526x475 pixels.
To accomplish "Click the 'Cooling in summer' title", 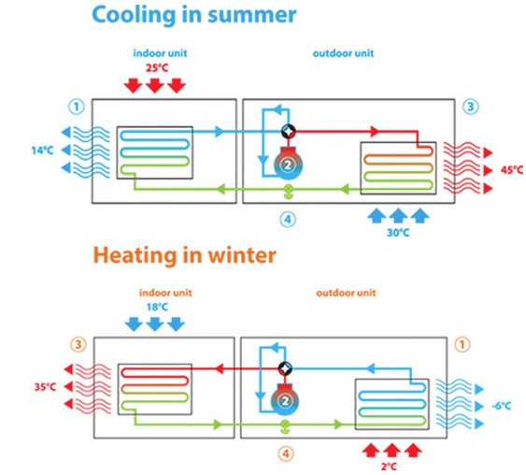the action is point(194,16).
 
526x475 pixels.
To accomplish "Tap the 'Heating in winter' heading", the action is point(184,255).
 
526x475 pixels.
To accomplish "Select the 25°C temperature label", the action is point(157,68).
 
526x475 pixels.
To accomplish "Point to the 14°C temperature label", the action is point(43,151).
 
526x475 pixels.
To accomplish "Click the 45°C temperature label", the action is point(512,170).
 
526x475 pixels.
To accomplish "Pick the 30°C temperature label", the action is point(398,233).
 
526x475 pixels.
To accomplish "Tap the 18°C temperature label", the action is point(157,307).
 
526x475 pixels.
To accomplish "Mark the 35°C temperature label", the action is point(45,387).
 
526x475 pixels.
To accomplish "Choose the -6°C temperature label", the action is point(502,406).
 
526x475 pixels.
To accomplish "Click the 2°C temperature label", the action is point(389,467).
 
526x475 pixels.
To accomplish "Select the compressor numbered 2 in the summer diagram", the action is point(288,164).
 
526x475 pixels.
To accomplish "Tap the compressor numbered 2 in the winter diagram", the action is point(285,401).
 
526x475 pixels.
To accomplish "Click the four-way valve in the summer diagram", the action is point(289,131).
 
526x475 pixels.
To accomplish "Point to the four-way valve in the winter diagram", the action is point(285,368).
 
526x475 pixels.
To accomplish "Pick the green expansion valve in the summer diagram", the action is point(288,191).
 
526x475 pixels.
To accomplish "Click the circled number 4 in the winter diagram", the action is point(286,454).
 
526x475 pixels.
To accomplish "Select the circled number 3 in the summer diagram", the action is point(470,107).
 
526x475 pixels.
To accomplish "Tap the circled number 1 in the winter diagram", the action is point(462,344).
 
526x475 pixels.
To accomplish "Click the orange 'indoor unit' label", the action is point(165,293).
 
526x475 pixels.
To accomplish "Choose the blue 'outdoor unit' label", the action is point(343,53).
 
